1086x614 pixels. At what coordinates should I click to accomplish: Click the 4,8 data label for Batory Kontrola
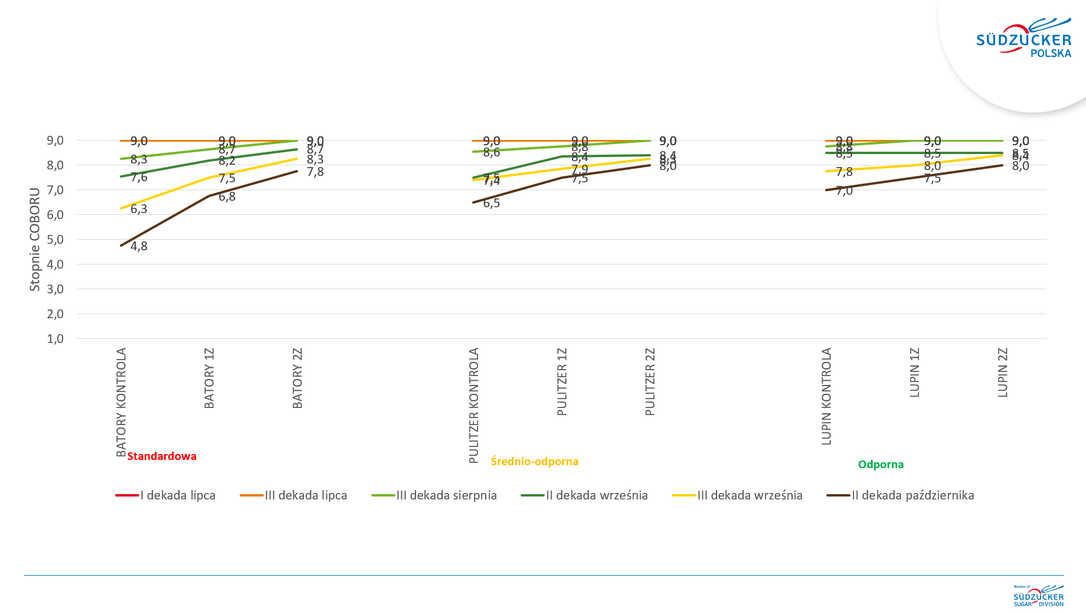(139, 246)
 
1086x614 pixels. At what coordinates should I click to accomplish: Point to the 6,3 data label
(139, 209)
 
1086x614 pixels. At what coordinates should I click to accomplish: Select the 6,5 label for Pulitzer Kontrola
(491, 203)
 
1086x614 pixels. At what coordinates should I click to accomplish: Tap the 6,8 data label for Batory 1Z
(227, 197)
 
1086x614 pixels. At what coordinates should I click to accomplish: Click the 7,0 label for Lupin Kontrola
(844, 191)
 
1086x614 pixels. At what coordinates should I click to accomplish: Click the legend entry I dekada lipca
(166, 495)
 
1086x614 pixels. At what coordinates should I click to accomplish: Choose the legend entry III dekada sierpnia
(434, 495)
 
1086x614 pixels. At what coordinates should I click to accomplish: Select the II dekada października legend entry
(901, 495)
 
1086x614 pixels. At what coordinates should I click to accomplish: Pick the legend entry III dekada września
(738, 495)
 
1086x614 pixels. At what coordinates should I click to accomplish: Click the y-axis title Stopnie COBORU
(35, 239)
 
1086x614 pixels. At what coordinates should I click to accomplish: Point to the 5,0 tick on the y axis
(55, 240)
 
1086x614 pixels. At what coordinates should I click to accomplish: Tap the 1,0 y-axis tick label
(55, 339)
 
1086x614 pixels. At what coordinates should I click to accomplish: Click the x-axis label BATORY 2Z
(297, 378)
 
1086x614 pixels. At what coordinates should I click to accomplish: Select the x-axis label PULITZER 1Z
(562, 381)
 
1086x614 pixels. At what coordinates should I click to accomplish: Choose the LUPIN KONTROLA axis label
(826, 396)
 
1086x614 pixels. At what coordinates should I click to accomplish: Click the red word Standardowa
(162, 456)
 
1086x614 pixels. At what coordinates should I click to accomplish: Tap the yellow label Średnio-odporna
(534, 462)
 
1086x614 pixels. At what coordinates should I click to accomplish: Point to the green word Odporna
(881, 465)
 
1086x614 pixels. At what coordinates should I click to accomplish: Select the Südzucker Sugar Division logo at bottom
(1039, 596)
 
